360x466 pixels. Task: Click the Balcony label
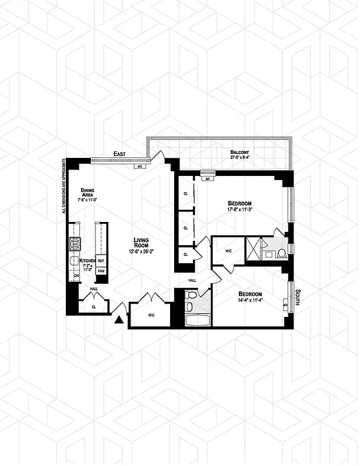click(239, 153)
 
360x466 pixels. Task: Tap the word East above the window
click(120, 154)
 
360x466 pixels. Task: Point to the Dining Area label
click(87, 193)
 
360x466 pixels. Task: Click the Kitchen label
click(87, 260)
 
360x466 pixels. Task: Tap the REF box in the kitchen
click(101, 261)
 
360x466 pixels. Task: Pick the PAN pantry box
click(101, 271)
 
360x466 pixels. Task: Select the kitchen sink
click(75, 262)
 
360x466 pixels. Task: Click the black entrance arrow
click(119, 319)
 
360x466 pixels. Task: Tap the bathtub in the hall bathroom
click(193, 320)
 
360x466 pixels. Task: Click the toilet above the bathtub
click(190, 306)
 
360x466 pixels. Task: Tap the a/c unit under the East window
click(140, 166)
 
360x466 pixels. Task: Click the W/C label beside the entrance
click(150, 316)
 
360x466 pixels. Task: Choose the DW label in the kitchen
click(76, 276)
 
